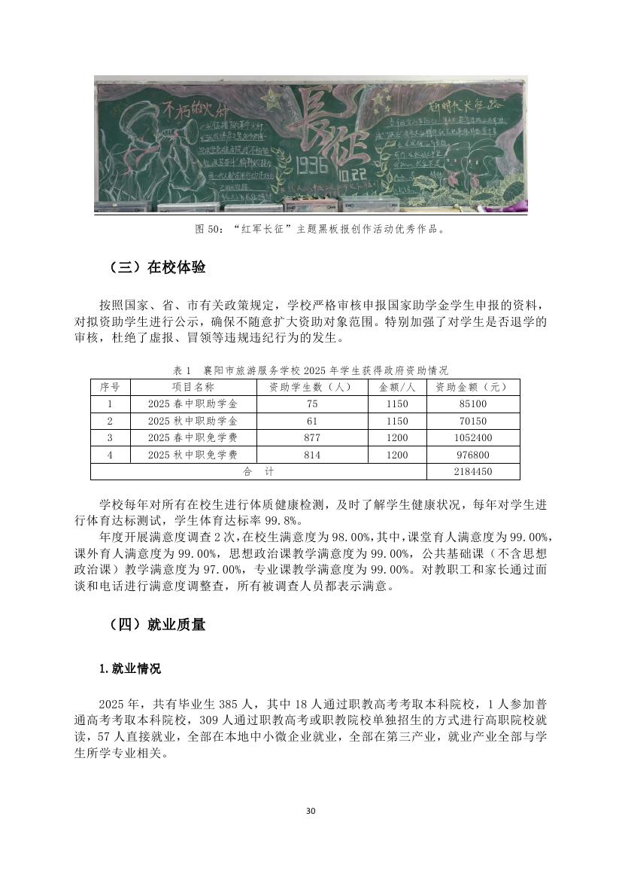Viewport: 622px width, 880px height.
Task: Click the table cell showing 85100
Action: coord(472,404)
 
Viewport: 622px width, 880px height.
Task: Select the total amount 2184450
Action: coord(472,472)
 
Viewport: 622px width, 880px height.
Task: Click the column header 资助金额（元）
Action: coord(472,387)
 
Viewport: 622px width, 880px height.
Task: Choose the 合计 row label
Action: coord(258,472)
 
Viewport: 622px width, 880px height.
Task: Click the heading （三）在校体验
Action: coord(157,268)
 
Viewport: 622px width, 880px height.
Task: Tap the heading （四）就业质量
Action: coord(157,624)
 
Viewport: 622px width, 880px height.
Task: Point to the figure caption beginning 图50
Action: coord(311,229)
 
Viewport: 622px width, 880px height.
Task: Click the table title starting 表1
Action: coord(311,370)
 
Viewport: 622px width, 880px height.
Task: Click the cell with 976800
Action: coord(472,455)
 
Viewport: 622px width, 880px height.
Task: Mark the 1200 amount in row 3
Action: coord(397,438)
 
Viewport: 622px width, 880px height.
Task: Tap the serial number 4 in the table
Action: coord(110,455)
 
